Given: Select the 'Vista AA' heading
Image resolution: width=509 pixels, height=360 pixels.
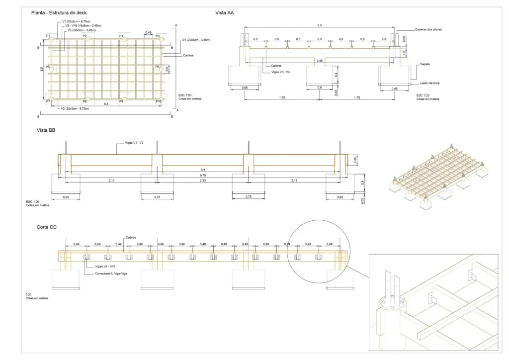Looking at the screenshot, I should click(x=224, y=13).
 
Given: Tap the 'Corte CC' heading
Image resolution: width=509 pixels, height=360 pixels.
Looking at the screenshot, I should click(x=46, y=227).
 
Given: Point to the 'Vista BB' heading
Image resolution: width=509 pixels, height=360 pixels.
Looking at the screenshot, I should click(x=45, y=130).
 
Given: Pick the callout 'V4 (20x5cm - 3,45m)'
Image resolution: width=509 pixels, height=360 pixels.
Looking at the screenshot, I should click(x=196, y=40).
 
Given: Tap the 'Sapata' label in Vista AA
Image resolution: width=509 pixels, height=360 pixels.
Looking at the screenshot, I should click(x=424, y=64).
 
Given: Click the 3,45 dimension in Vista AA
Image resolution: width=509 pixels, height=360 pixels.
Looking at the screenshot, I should click(x=320, y=61).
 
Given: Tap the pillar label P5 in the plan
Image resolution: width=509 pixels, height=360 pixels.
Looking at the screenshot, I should click(x=48, y=67).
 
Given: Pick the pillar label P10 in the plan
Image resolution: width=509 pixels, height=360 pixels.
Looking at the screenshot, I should click(x=158, y=101).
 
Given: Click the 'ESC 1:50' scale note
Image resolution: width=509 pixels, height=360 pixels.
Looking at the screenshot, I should click(x=184, y=94).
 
